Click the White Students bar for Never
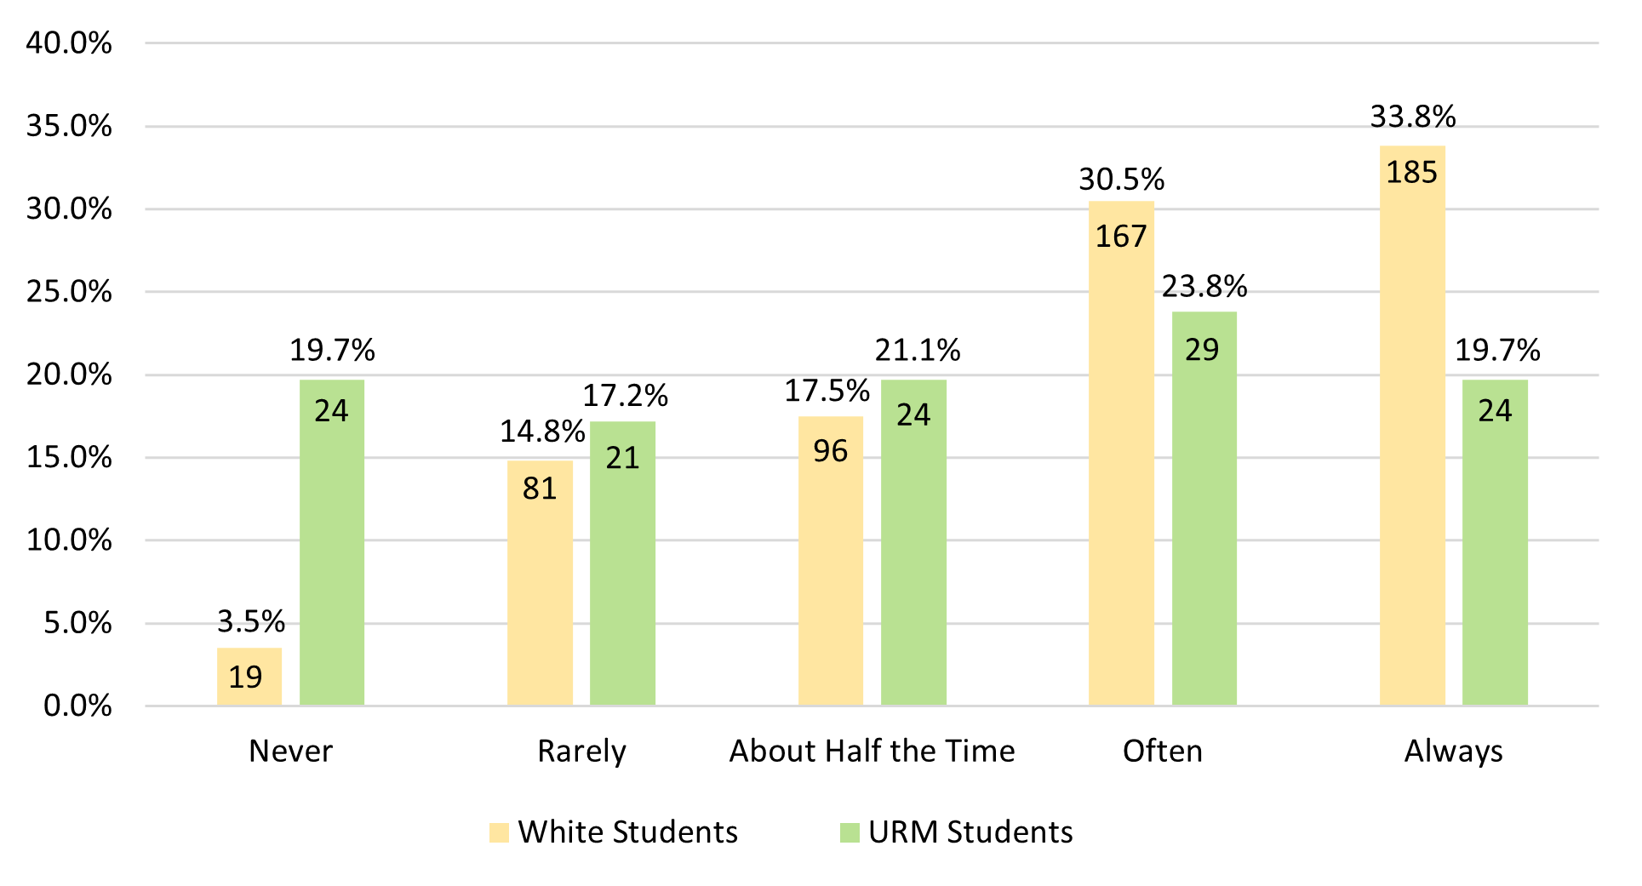coord(249,677)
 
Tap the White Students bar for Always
coord(1411,426)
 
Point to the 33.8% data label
coord(1412,117)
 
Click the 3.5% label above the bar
coord(251,621)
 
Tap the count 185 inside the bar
coord(1411,173)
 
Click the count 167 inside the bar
coord(1120,237)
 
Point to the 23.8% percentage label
coord(1204,287)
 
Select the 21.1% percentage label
coord(917,350)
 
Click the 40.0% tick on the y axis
coord(69,43)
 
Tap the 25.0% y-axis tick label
coord(69,292)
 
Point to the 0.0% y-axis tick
coord(77,706)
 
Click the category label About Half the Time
coord(872,751)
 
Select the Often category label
coord(1162,751)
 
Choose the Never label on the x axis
coord(290,751)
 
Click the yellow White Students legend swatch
coord(499,832)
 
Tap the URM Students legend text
coord(970,832)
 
